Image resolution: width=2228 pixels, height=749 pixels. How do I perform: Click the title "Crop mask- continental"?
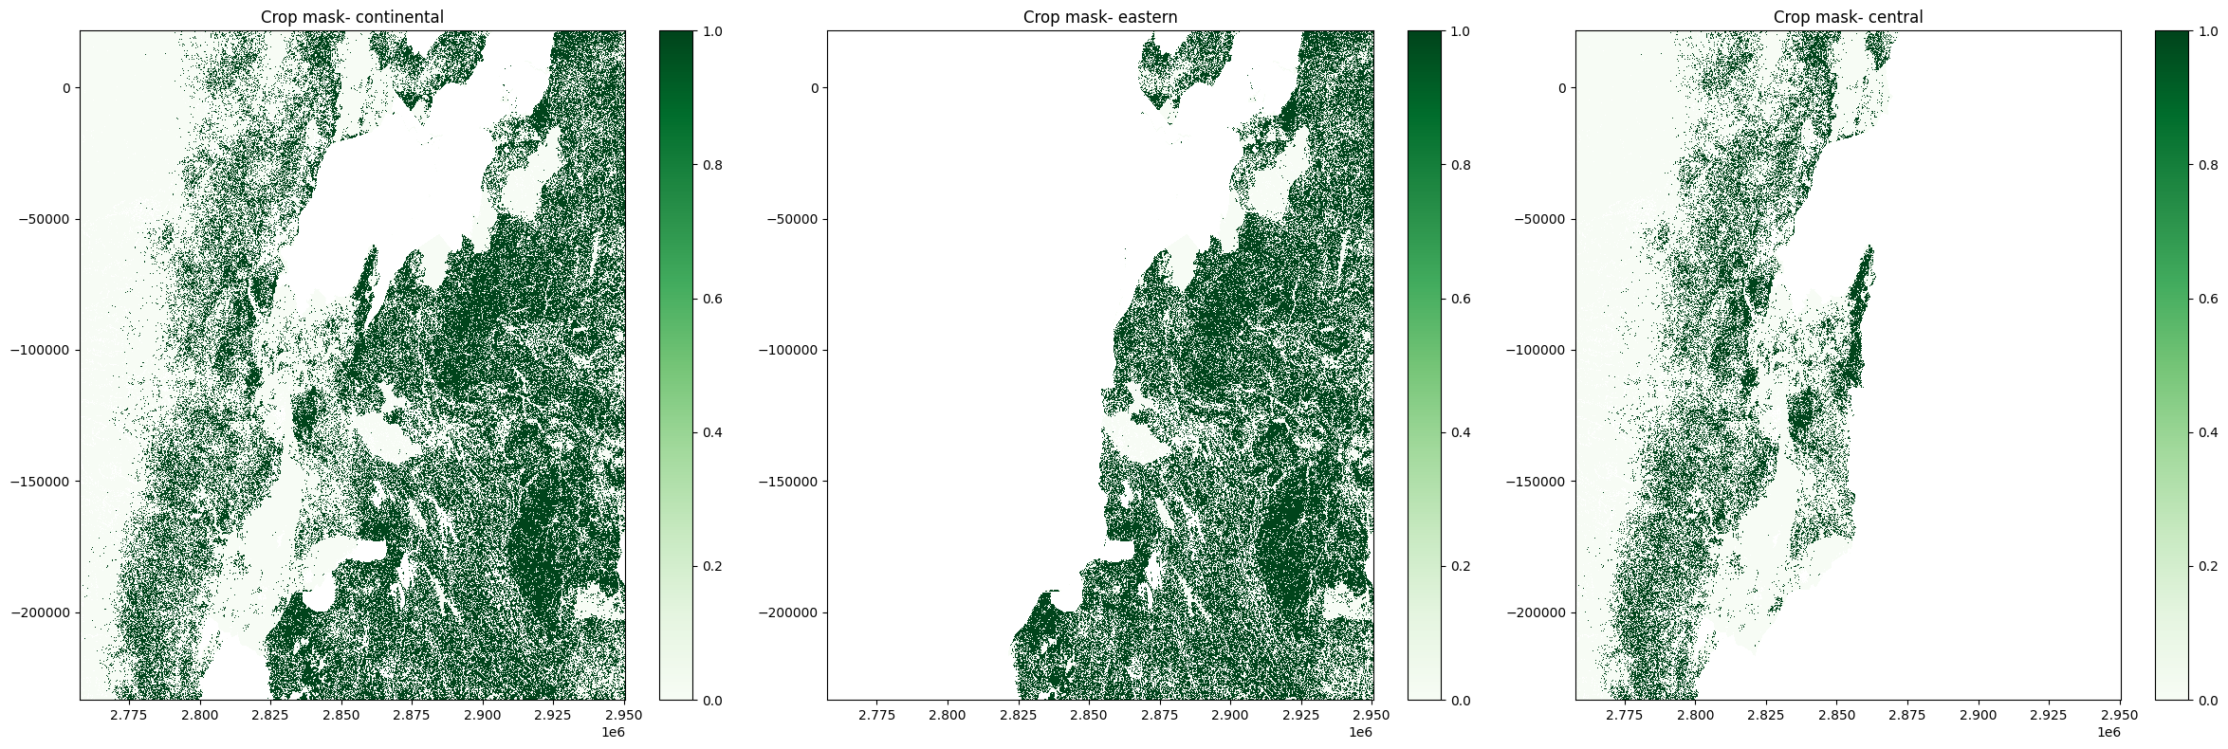click(352, 17)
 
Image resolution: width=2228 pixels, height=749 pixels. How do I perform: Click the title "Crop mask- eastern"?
click(1100, 17)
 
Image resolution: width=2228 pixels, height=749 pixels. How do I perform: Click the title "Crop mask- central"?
click(1848, 17)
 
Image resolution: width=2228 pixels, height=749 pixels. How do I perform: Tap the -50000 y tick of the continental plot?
click(47, 219)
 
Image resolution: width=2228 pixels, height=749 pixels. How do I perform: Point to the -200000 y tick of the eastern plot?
click(792, 612)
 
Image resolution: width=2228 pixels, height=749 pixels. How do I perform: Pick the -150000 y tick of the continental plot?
click(44, 481)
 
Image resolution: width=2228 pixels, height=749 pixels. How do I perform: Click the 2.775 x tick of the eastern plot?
click(876, 714)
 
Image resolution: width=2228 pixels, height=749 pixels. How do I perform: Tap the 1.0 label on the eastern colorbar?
click(1458, 31)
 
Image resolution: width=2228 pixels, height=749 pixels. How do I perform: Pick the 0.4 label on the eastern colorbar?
click(1458, 432)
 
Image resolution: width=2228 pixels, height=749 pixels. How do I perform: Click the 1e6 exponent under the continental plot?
click(614, 732)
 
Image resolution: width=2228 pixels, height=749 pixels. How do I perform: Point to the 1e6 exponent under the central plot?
click(2108, 732)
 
